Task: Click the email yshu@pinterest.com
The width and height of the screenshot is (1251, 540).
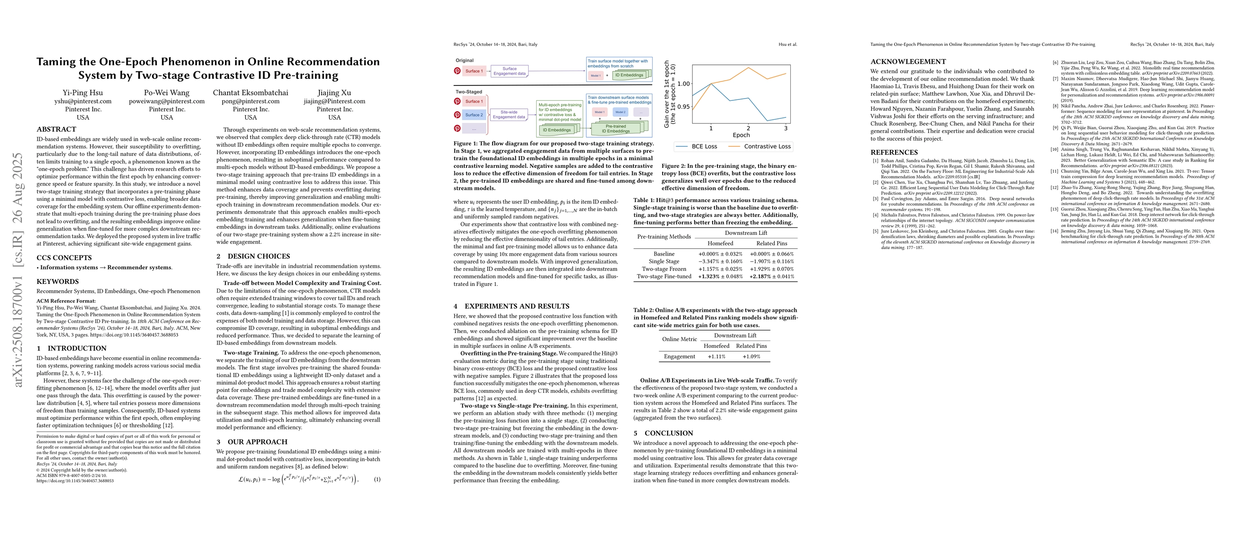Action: point(83,101)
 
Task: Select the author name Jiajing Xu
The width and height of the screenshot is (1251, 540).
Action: point(334,93)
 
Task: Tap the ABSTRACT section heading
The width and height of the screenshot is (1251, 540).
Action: point(56,129)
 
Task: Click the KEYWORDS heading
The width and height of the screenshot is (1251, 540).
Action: point(57,282)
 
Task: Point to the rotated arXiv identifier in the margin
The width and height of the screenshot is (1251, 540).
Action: point(18,270)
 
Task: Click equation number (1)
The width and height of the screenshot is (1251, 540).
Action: point(377,479)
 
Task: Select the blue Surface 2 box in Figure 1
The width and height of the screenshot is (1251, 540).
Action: point(474,115)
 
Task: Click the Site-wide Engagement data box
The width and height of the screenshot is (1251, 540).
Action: point(508,115)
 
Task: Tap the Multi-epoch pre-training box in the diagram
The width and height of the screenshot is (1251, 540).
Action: point(560,112)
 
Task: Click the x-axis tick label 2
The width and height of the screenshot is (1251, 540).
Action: point(749,128)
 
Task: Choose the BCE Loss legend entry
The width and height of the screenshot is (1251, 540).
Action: point(696,146)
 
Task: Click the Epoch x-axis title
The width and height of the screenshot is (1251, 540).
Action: point(741,135)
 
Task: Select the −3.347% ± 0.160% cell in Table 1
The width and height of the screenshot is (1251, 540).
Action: point(720,261)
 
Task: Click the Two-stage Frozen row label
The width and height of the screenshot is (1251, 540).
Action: point(664,269)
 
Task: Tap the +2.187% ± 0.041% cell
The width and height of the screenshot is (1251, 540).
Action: point(771,276)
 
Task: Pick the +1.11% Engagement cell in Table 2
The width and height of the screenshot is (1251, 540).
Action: point(716,356)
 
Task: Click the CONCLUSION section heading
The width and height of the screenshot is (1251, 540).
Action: point(668,433)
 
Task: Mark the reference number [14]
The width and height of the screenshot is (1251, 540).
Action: point(1055,231)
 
